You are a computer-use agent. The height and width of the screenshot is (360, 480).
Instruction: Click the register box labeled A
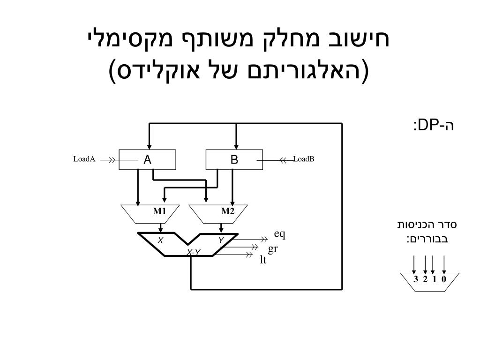[147, 160]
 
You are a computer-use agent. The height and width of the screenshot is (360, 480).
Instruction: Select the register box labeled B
[234, 160]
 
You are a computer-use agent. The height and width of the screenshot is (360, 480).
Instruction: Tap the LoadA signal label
[84, 159]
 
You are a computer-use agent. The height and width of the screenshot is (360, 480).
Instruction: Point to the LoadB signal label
[304, 159]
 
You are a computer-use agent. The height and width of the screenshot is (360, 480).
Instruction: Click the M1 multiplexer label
[159, 211]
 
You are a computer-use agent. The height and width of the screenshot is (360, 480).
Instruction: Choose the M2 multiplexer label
[228, 211]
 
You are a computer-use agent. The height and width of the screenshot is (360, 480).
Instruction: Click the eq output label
[280, 234]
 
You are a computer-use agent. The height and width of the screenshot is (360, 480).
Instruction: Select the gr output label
[273, 248]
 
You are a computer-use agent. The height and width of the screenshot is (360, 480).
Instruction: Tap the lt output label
[263, 259]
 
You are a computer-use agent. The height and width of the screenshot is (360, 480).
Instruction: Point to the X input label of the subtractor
[160, 240]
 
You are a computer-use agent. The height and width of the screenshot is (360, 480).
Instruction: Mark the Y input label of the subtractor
[220, 240]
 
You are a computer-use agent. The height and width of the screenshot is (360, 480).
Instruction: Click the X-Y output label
[194, 253]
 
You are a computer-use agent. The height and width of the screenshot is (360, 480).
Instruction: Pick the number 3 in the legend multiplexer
[416, 279]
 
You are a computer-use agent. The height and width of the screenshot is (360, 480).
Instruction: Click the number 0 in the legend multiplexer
[443, 279]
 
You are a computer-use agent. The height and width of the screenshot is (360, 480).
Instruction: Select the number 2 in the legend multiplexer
[425, 279]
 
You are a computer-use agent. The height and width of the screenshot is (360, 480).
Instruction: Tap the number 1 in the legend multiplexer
[434, 279]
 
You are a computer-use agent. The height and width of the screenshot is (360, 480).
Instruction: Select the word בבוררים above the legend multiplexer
[432, 239]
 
